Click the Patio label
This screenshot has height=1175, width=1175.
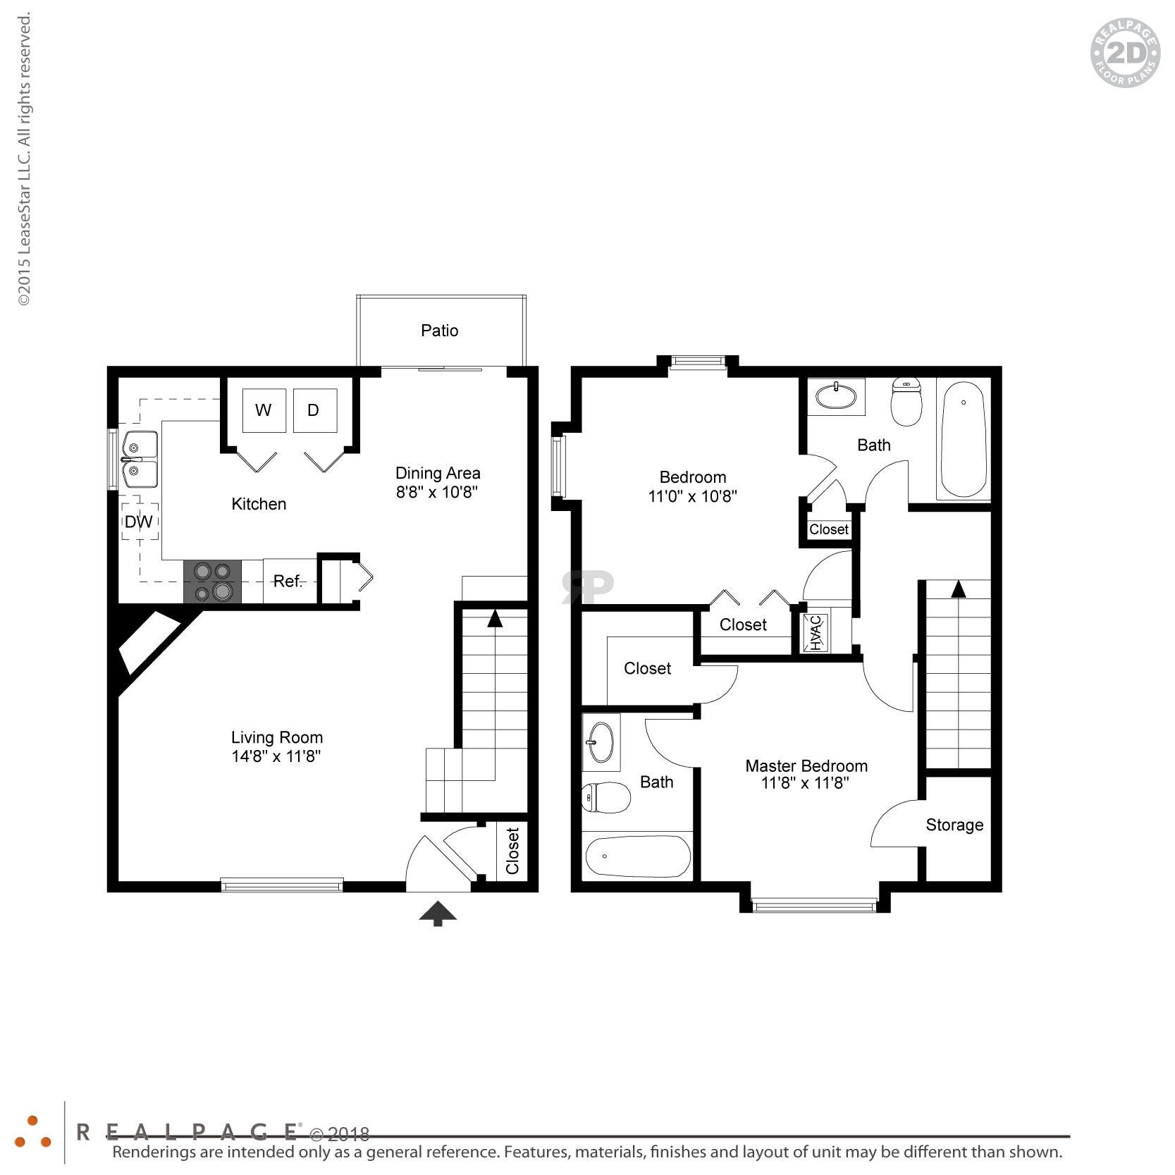click(439, 331)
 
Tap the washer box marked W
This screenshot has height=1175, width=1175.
click(264, 410)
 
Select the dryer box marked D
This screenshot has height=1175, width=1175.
click(314, 410)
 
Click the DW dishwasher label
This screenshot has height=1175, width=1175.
click(139, 522)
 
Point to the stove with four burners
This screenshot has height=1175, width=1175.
click(212, 582)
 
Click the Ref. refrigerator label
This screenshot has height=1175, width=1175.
click(288, 582)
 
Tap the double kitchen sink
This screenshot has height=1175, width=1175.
click(140, 460)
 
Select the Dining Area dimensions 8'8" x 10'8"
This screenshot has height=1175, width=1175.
click(437, 492)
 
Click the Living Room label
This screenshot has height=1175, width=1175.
click(277, 737)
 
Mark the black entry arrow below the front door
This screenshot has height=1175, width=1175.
click(438, 913)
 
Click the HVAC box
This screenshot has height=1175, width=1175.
click(816, 633)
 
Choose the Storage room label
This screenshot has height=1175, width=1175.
click(954, 825)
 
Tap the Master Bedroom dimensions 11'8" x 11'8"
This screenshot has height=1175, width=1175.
click(805, 783)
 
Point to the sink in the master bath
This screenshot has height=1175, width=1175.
click(601, 742)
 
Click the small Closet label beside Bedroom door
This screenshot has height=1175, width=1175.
click(829, 529)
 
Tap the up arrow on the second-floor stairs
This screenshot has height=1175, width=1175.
click(958, 589)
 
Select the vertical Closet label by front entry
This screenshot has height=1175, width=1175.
click(512, 851)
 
